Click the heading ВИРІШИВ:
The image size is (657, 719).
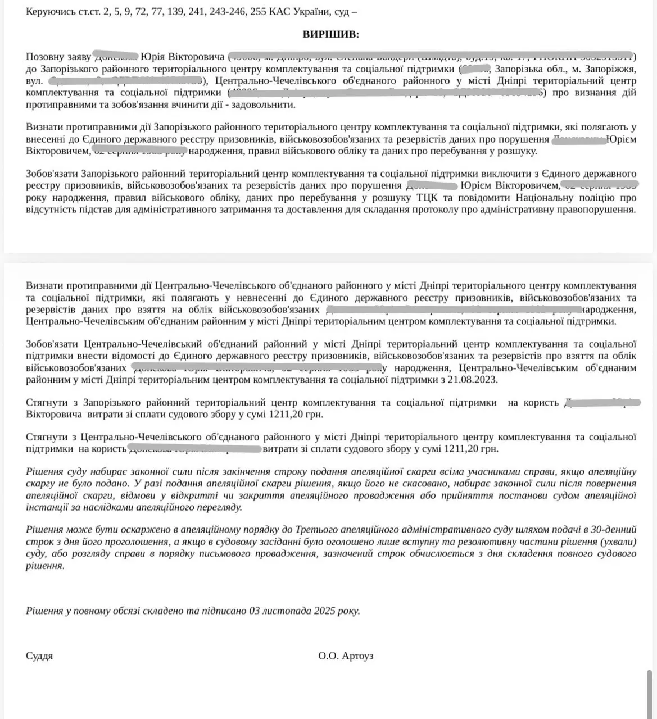[331, 35]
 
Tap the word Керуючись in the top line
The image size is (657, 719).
[48, 12]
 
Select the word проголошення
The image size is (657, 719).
[141, 542]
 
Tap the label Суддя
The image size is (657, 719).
[39, 656]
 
